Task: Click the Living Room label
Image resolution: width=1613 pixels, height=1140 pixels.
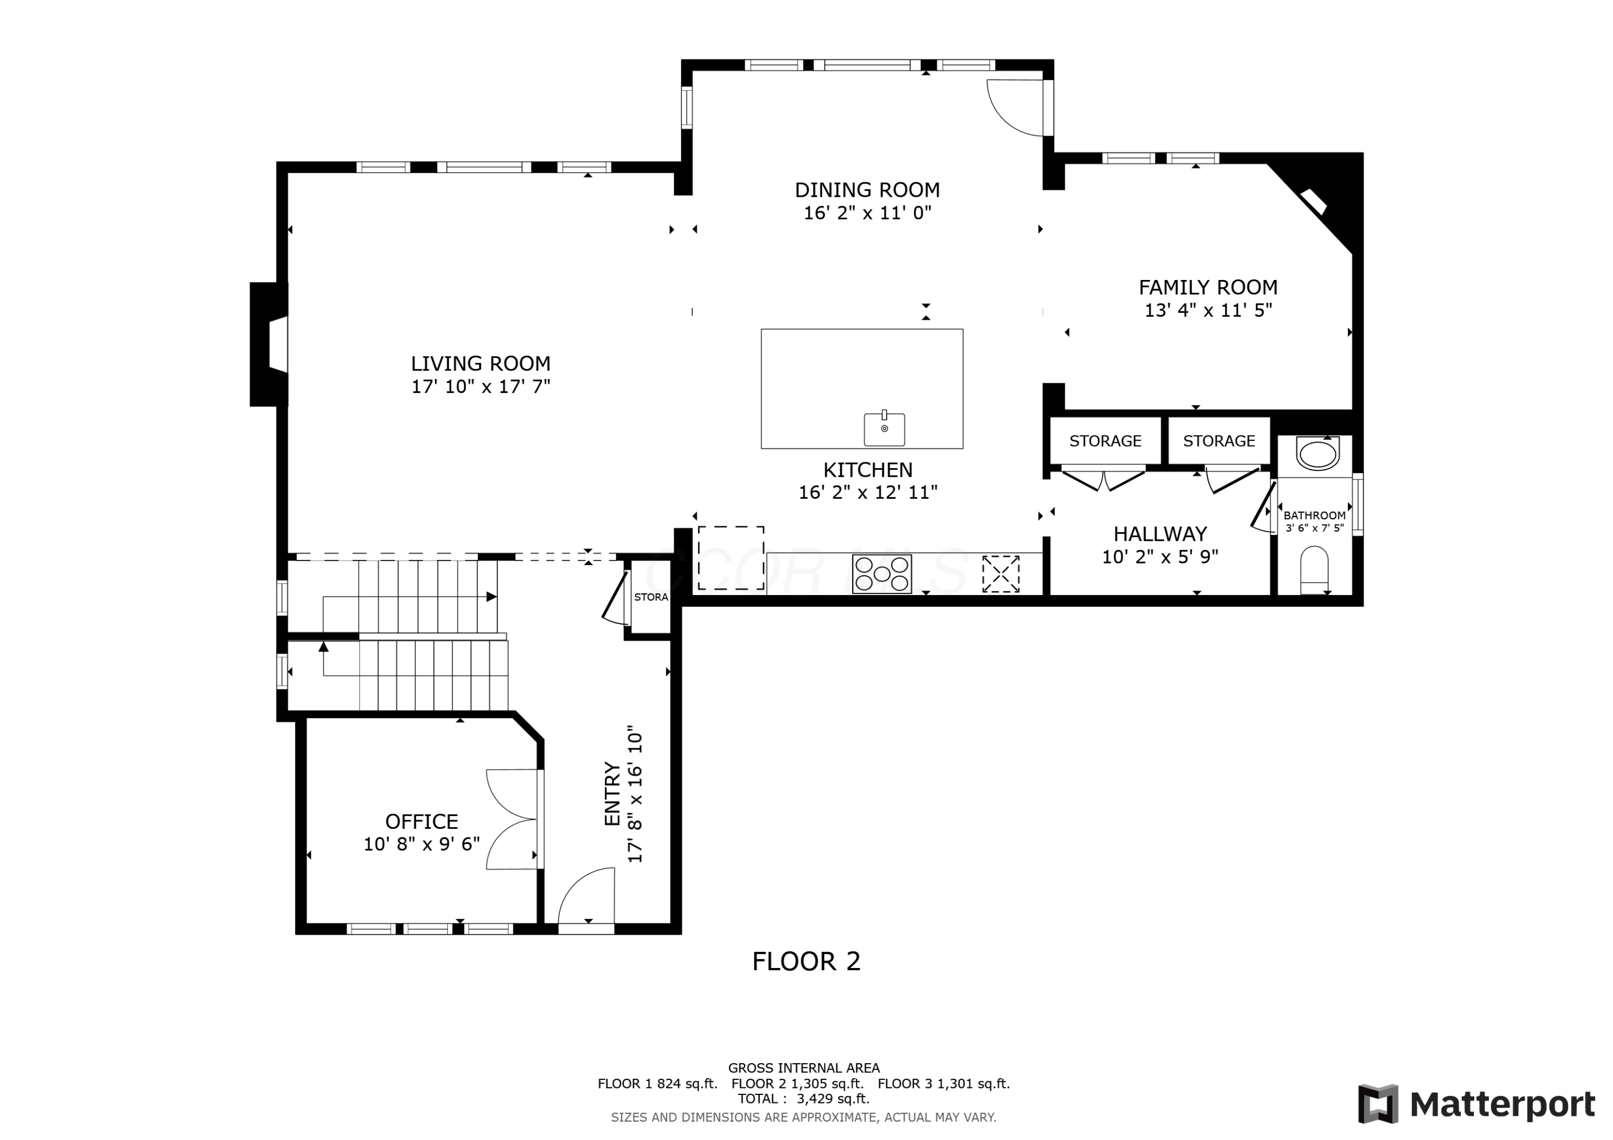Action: coord(481,364)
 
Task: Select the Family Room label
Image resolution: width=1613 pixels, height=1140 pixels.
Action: coord(1208,287)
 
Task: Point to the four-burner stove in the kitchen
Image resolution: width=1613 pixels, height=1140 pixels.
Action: coord(882,574)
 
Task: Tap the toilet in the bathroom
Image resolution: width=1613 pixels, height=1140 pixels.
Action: coord(1315,570)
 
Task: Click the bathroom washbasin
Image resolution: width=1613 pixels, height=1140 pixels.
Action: coord(1318,454)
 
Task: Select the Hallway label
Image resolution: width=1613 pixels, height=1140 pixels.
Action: coord(1160,534)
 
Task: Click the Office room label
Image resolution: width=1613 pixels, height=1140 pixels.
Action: coord(422,822)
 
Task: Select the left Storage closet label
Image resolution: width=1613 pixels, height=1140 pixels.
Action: coord(1105,441)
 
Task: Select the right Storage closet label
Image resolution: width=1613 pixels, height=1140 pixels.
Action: coord(1219,441)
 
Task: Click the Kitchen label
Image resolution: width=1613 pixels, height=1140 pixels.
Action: coord(868,470)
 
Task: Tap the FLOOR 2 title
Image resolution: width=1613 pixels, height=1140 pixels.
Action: coord(806,961)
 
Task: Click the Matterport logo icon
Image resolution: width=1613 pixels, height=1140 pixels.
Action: coord(1378,1103)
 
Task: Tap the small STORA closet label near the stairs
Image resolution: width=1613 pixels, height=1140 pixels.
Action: coord(651,597)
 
